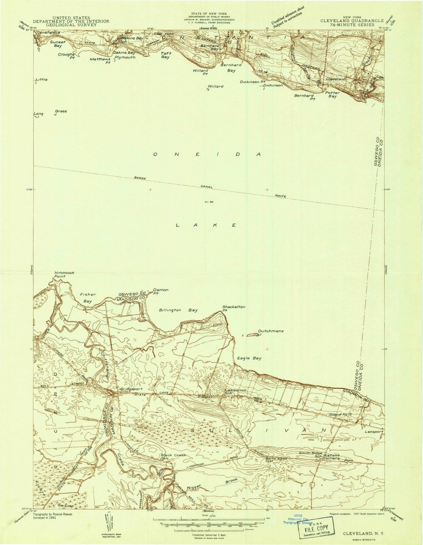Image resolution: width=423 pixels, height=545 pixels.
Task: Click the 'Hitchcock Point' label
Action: pyautogui.click(x=64, y=274)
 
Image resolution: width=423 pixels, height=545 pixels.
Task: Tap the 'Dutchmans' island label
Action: pyautogui.click(x=271, y=331)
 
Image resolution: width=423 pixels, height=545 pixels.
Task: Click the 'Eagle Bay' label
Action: pyautogui.click(x=249, y=358)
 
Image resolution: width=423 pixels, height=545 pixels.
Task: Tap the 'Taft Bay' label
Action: pyautogui.click(x=165, y=55)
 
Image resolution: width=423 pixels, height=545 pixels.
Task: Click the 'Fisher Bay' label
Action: pyautogui.click(x=88, y=297)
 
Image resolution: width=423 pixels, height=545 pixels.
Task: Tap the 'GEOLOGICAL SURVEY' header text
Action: pyautogui.click(x=71, y=25)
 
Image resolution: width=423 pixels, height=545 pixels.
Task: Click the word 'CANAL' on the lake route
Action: pyautogui.click(x=206, y=187)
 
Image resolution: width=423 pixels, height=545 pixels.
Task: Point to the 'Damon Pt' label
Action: pyautogui.click(x=161, y=291)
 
